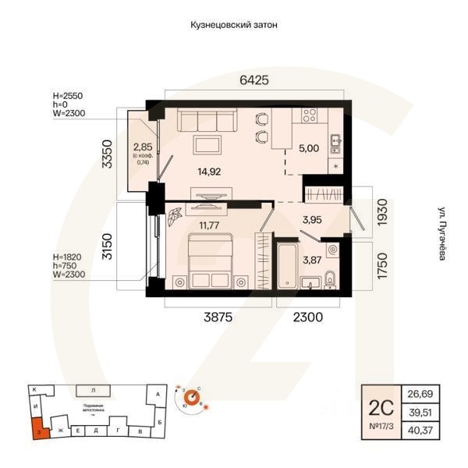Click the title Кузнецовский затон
(234, 25)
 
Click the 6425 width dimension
(253, 80)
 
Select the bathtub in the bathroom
(289, 266)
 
